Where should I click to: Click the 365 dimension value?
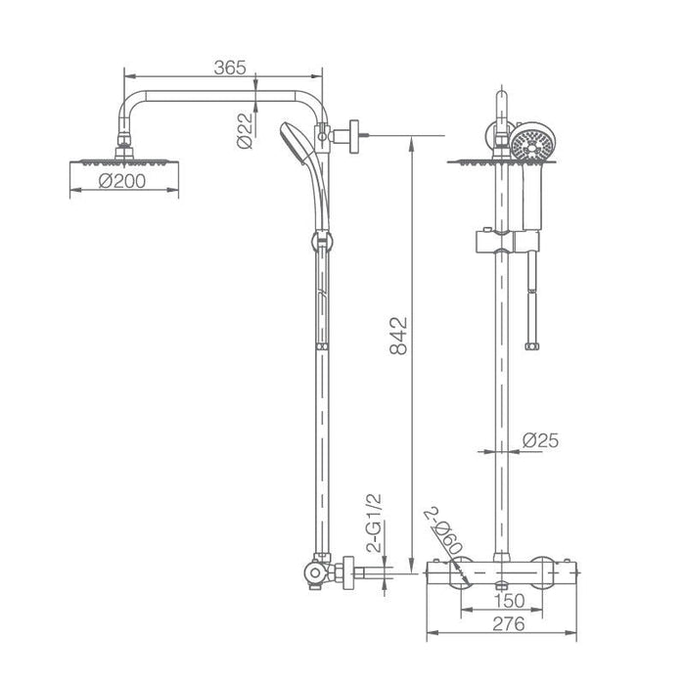click(229, 68)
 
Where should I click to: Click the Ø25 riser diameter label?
click(540, 442)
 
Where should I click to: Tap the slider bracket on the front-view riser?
click(502, 240)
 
